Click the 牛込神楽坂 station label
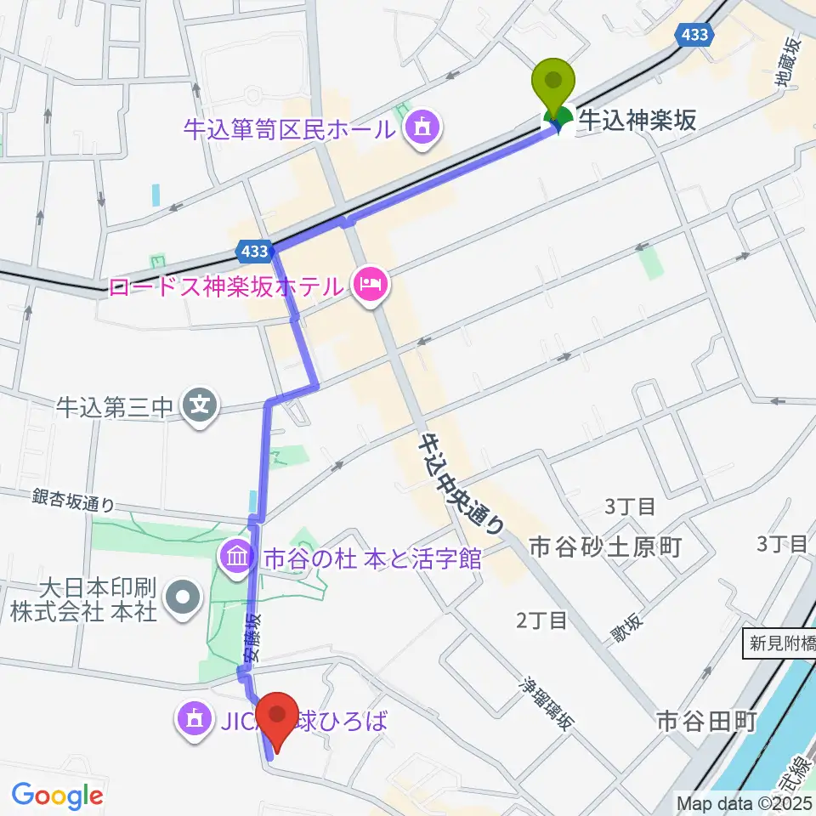[637, 120]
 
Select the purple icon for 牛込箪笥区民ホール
[420, 128]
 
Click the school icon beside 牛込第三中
[200, 405]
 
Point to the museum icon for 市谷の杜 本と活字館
[237, 558]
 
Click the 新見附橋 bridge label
[780, 643]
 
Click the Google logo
[57, 796]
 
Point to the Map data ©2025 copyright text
[745, 802]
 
